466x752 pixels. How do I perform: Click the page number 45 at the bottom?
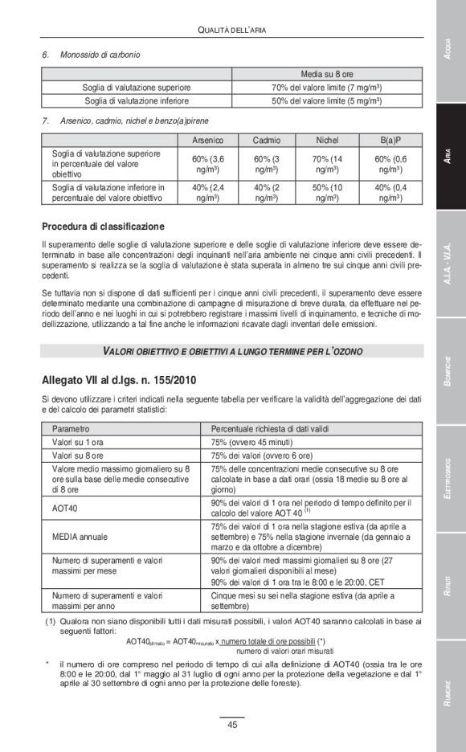click(232, 725)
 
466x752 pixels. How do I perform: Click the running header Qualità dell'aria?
click(231, 30)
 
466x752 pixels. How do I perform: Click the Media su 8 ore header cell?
click(326, 74)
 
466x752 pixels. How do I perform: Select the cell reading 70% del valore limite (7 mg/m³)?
click(326, 87)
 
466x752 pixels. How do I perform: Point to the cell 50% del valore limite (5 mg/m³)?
click(326, 101)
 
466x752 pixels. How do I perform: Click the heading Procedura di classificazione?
click(103, 227)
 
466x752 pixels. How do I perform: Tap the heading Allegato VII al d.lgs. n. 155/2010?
click(118, 379)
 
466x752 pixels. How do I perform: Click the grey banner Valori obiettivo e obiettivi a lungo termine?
click(232, 351)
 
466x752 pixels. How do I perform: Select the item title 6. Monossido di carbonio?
click(91, 55)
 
